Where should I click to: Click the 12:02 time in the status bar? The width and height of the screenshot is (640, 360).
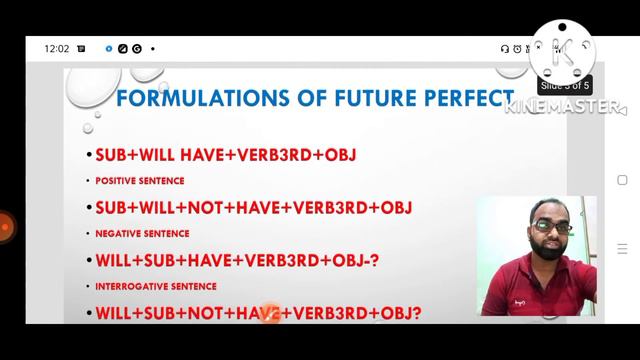point(56,48)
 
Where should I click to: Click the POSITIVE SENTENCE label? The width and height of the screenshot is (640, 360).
point(139,181)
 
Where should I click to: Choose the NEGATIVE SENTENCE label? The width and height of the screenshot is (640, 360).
point(142,234)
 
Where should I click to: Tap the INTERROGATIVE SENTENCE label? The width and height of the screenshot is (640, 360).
point(157,286)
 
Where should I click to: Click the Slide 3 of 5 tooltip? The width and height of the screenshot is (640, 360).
point(565,85)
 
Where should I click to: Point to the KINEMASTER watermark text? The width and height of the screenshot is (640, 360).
point(566,107)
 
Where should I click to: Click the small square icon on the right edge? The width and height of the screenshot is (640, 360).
point(622,181)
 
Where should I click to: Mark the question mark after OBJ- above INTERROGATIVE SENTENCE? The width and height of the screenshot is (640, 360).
point(374,261)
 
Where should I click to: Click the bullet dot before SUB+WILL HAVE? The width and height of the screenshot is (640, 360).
point(88,156)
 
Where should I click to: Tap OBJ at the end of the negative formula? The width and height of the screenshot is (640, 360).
point(396,208)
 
